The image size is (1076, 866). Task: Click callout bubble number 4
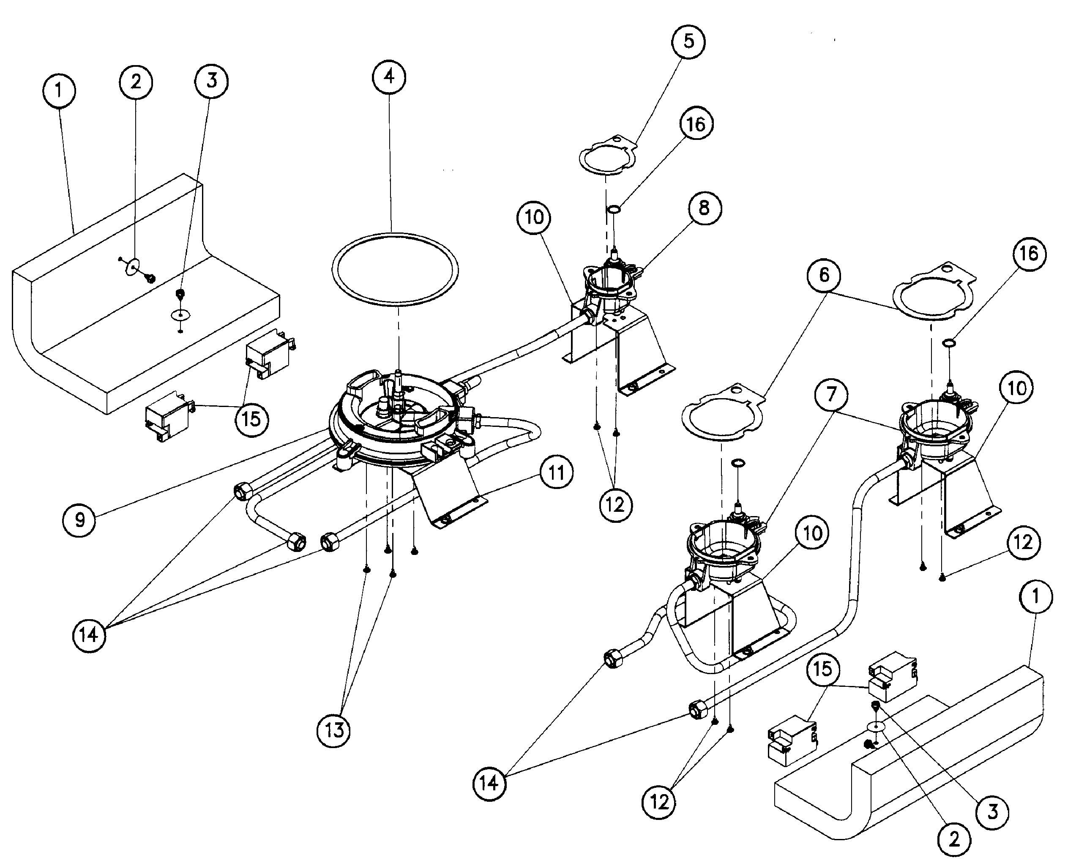389,77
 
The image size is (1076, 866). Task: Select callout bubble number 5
688,41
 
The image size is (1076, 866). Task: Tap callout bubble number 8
704,208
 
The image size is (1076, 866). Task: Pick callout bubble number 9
79,520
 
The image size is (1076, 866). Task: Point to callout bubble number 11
556,472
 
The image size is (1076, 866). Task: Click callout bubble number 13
333,730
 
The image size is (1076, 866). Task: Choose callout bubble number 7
831,394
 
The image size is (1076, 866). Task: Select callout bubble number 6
824,275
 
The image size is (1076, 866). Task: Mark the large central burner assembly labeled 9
394,419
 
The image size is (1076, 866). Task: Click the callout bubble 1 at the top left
59,91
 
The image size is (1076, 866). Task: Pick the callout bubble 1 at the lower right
1035,596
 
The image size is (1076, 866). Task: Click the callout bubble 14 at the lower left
89,635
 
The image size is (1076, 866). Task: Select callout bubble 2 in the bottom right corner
954,840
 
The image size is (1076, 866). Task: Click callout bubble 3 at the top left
212,80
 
